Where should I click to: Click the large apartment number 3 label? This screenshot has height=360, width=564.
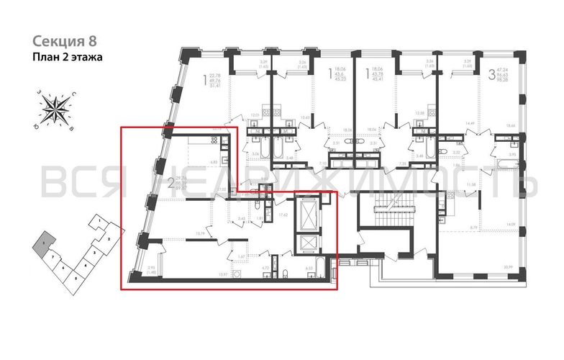point(491,73)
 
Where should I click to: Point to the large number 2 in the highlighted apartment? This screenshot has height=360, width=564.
point(170,183)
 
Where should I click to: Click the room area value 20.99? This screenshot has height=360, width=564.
point(509,268)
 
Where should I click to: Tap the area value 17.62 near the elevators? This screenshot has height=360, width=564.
point(283,215)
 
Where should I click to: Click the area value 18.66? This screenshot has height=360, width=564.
point(510,125)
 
